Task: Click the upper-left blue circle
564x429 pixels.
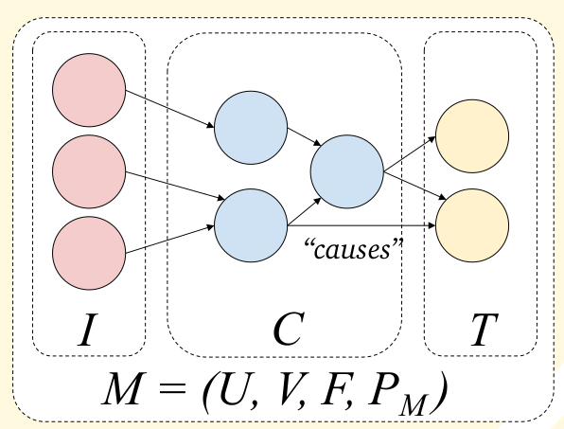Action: [251, 126]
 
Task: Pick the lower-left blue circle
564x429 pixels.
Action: [251, 224]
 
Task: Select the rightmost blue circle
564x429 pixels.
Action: [346, 172]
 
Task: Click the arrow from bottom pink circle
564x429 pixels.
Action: [171, 240]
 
